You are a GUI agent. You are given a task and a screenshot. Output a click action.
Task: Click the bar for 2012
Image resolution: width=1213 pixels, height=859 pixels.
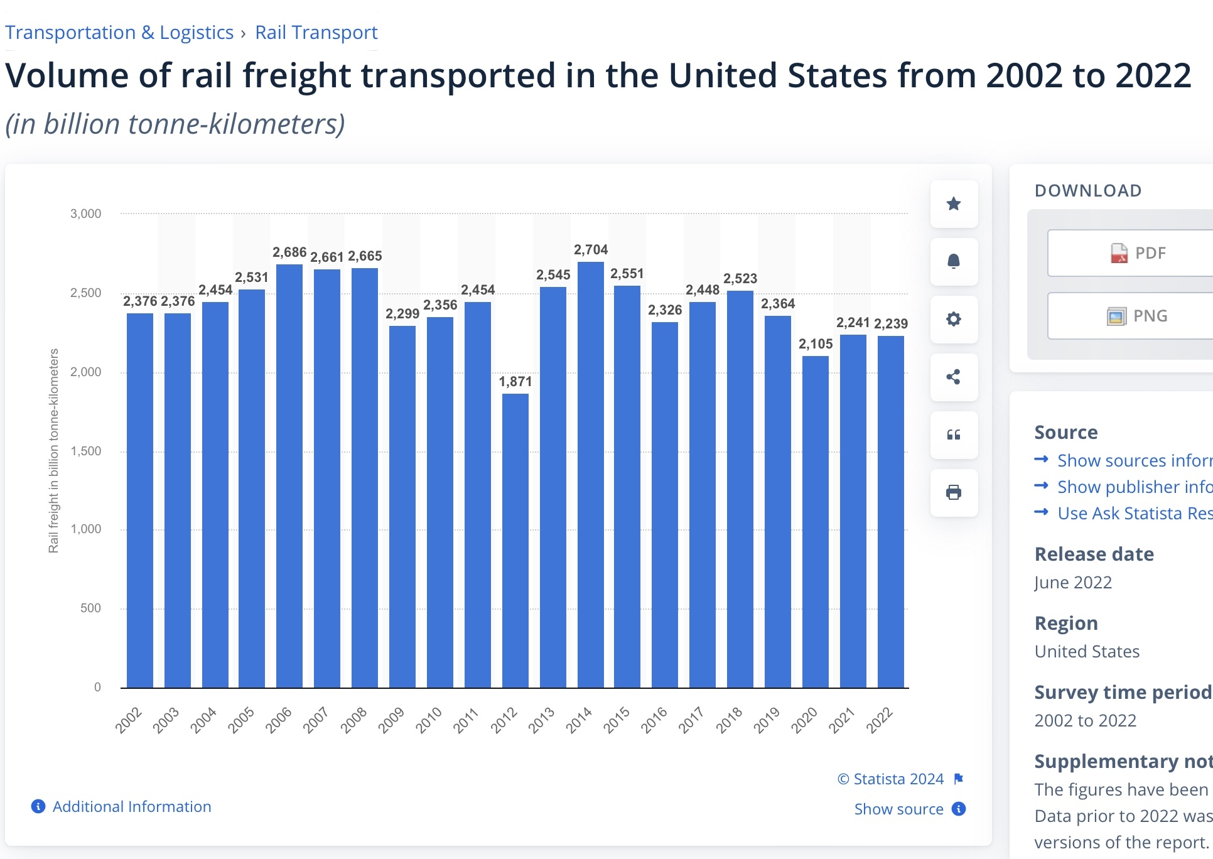tap(515, 540)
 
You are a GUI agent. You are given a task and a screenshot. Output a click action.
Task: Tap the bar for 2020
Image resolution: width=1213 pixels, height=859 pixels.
tap(816, 521)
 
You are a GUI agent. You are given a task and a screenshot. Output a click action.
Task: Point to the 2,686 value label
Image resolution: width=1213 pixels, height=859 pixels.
tap(289, 252)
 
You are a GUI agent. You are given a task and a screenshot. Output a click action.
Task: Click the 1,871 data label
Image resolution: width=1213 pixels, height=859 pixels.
tap(515, 382)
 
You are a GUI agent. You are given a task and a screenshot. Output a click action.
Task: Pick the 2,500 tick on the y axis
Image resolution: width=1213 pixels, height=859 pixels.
tap(85, 293)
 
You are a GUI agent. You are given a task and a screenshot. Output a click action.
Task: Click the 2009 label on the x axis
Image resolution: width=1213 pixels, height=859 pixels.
tap(391, 720)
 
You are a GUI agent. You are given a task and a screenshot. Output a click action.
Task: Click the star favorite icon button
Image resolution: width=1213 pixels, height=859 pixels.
tap(954, 204)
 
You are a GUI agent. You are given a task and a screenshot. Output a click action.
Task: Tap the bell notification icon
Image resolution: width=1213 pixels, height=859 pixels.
tap(954, 262)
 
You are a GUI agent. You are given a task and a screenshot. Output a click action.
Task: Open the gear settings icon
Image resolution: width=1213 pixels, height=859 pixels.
tap(954, 320)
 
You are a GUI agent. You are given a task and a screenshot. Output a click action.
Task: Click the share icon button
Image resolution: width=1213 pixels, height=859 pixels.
tap(954, 377)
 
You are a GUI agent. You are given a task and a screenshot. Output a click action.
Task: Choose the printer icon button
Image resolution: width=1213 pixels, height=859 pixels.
tap(954, 493)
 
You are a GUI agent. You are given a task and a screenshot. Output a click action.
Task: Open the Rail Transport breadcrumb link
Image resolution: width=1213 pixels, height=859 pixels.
tap(316, 33)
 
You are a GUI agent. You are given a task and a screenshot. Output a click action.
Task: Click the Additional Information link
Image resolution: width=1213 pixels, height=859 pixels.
tap(131, 807)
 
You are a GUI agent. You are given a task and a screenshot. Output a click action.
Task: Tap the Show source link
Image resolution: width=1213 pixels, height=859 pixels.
tap(898, 809)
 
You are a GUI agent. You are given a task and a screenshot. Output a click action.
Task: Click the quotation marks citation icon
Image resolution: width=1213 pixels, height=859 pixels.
tap(954, 435)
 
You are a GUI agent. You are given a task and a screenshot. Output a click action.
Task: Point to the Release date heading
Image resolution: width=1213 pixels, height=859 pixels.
tap(1094, 554)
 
